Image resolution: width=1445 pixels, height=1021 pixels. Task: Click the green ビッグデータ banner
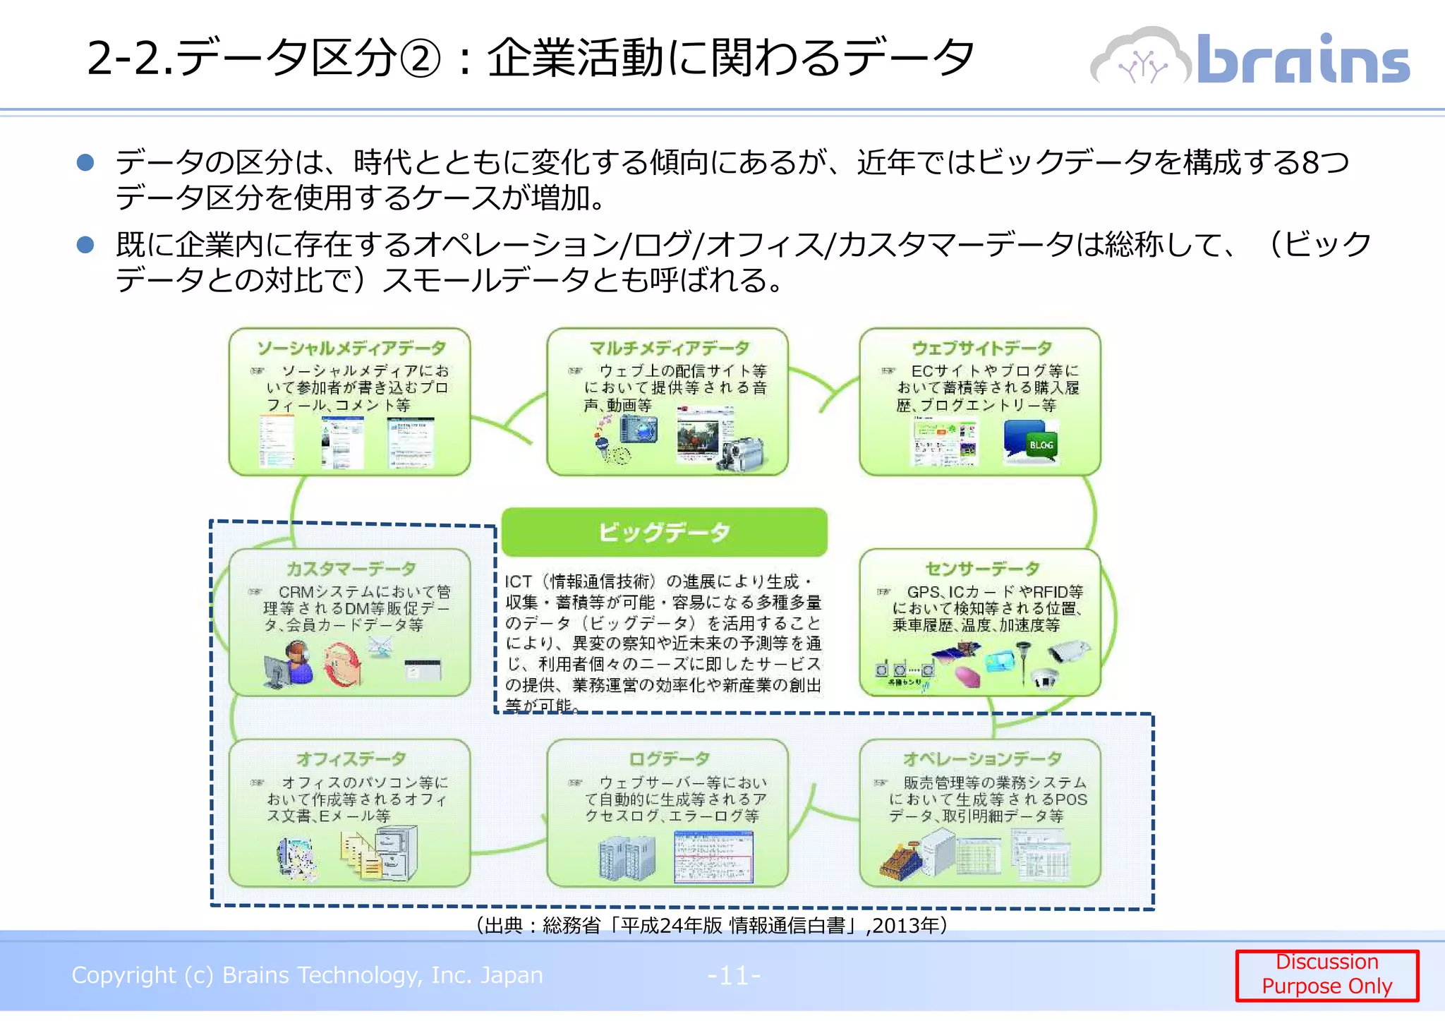(x=664, y=532)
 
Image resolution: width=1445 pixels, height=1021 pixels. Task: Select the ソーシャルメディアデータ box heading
(x=351, y=348)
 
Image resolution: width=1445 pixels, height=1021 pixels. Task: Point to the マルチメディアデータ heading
(x=669, y=348)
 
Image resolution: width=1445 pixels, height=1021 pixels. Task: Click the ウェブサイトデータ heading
(x=981, y=348)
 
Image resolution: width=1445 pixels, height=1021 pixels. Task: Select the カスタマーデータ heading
(x=351, y=569)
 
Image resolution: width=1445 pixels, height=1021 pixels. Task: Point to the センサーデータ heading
(x=981, y=569)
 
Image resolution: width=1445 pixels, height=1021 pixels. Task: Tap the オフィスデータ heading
(x=351, y=759)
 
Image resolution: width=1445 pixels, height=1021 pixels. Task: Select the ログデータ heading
(x=669, y=759)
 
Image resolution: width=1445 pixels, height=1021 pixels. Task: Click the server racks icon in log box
(x=626, y=857)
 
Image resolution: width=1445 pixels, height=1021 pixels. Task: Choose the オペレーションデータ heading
(x=981, y=759)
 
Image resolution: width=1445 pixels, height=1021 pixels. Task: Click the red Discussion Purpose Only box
(x=1326, y=974)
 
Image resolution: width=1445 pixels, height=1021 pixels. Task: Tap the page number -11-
(x=734, y=976)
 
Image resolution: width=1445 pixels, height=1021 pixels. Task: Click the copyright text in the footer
(x=307, y=975)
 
